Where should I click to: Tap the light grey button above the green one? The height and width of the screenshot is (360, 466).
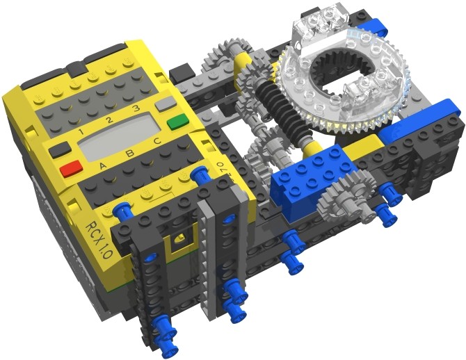tap(165, 104)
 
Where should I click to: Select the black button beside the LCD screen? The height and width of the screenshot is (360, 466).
tap(61, 149)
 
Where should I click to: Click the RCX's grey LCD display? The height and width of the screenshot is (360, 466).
tap(119, 137)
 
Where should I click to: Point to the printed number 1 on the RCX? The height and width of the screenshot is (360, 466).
tap(81, 131)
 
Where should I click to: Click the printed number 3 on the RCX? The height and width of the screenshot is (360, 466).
tap(136, 108)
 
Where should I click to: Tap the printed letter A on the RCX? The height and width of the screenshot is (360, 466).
tap(102, 165)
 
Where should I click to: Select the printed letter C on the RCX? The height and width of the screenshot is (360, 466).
tap(157, 140)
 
